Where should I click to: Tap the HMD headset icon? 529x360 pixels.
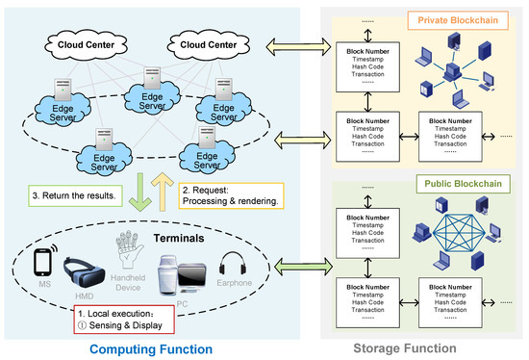tap(85, 269)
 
